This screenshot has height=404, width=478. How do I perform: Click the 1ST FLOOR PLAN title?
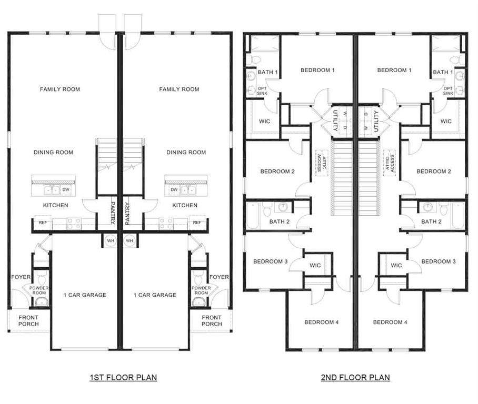pyautogui.click(x=123, y=378)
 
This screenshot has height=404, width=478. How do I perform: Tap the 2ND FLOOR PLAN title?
pyautogui.click(x=355, y=378)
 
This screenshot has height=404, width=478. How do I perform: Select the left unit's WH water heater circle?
pyautogui.click(x=111, y=241)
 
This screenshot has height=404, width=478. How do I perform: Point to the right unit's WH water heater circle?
pyautogui.click(x=130, y=241)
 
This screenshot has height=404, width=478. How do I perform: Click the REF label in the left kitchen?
pyautogui.click(x=43, y=223)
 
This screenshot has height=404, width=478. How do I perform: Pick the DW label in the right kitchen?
pyautogui.click(x=174, y=189)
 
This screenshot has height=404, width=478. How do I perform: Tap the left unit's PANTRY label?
pyautogui.click(x=113, y=213)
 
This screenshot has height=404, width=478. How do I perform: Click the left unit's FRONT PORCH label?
pyautogui.click(x=28, y=320)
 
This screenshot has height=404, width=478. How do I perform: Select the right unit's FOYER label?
pyautogui.click(x=219, y=277)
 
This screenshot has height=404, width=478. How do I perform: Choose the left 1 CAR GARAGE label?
pyautogui.click(x=85, y=295)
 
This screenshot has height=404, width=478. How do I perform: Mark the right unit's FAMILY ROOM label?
pyautogui.click(x=179, y=89)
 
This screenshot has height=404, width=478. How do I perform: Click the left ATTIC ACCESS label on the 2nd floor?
pyautogui.click(x=322, y=163)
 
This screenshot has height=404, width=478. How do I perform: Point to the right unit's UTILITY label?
pyautogui.click(x=376, y=121)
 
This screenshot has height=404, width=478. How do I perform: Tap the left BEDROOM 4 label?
pyautogui.click(x=321, y=322)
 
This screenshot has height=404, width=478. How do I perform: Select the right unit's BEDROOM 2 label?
pyautogui.click(x=433, y=171)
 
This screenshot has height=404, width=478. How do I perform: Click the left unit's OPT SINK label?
pyautogui.click(x=262, y=91)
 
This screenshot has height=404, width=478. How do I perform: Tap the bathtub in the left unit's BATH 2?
pyautogui.click(x=252, y=216)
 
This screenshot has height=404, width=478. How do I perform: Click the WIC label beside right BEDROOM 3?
pyautogui.click(x=396, y=265)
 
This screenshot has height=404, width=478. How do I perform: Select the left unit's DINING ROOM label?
pyautogui.click(x=53, y=153)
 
